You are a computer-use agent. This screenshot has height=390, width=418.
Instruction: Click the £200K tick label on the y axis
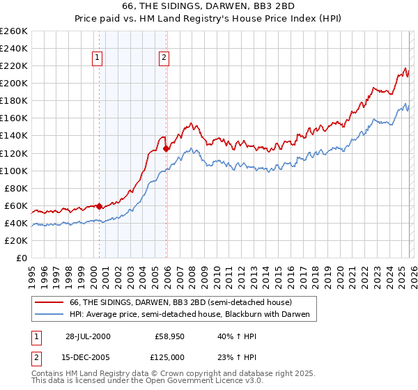pos(14,83)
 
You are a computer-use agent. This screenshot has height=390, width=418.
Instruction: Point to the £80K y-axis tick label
pos(16,188)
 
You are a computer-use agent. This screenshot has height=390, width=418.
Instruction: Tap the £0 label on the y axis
pos(22,258)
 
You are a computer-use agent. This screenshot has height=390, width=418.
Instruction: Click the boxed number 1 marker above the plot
pos(97,58)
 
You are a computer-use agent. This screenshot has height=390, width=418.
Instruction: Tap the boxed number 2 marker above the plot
pos(164,58)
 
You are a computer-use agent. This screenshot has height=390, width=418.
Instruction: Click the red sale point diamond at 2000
pos(100,206)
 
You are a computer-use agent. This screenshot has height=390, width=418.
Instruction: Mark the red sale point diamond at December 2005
pos(166,148)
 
